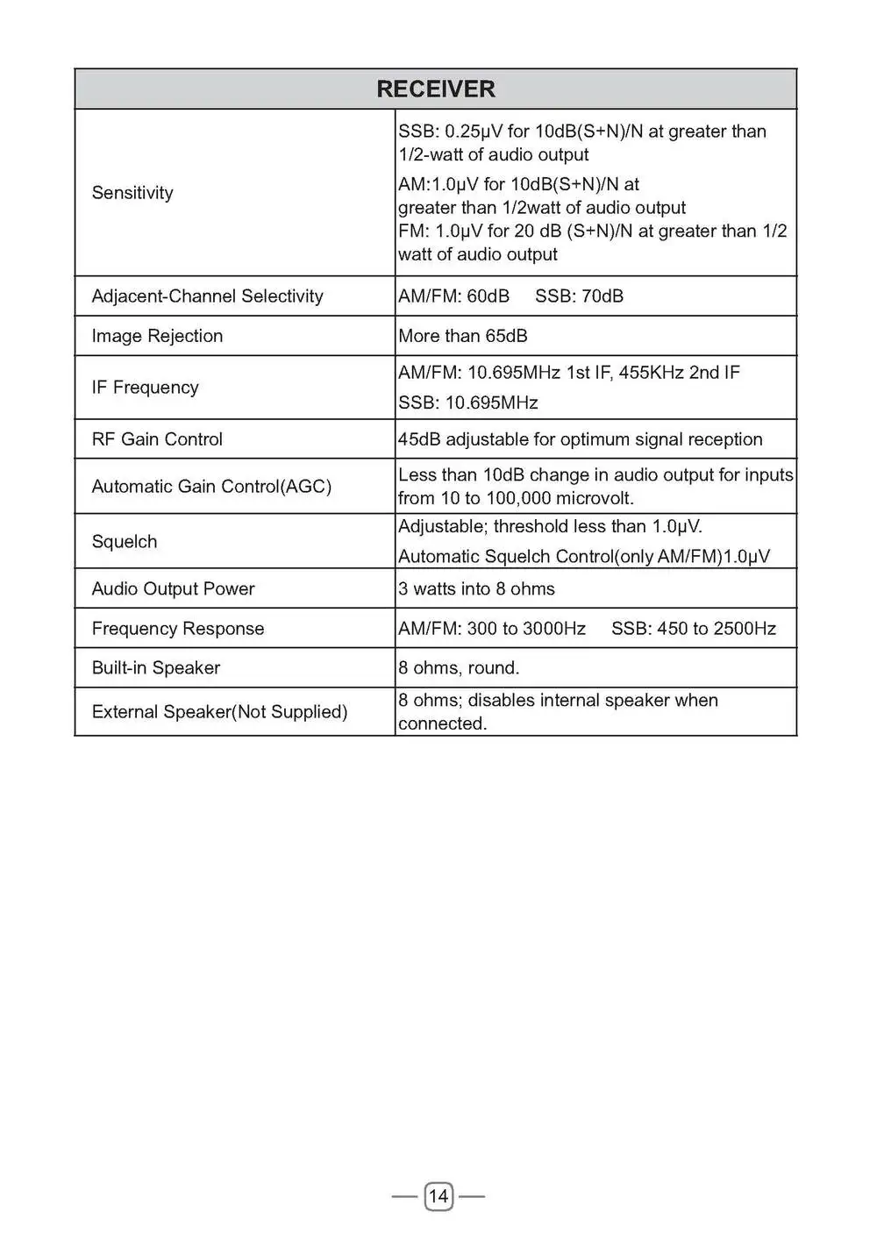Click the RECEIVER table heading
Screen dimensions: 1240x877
pyautogui.click(x=436, y=89)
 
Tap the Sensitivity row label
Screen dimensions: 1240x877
pyautogui.click(x=132, y=193)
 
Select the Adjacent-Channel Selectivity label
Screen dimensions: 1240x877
pyautogui.click(x=207, y=296)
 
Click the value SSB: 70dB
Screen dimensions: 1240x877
pyautogui.click(x=579, y=296)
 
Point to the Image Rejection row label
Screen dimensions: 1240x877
pyautogui.click(x=157, y=336)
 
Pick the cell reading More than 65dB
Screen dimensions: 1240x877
pyautogui.click(x=463, y=336)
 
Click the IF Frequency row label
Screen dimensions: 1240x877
pyautogui.click(x=145, y=388)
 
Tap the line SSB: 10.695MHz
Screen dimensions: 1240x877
pyautogui.click(x=468, y=403)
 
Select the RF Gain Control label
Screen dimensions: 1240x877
pyautogui.click(x=157, y=439)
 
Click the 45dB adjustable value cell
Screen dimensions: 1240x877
pyautogui.click(x=580, y=439)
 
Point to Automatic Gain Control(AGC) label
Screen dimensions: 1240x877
pyautogui.click(x=211, y=487)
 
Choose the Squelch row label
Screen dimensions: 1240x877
pyautogui.click(x=125, y=542)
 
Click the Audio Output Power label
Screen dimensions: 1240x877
pyautogui.click(x=173, y=589)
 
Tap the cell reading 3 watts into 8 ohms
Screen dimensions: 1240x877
pyautogui.click(x=476, y=589)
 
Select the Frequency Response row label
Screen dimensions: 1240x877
pyautogui.click(x=177, y=629)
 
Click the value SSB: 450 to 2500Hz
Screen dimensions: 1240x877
pyautogui.click(x=694, y=629)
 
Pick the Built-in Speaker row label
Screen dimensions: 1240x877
pyautogui.click(x=155, y=668)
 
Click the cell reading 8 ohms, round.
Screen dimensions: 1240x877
pyautogui.click(x=459, y=668)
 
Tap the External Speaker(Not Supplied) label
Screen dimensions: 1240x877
pyautogui.click(x=219, y=712)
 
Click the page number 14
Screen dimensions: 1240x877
pyautogui.click(x=438, y=1196)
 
